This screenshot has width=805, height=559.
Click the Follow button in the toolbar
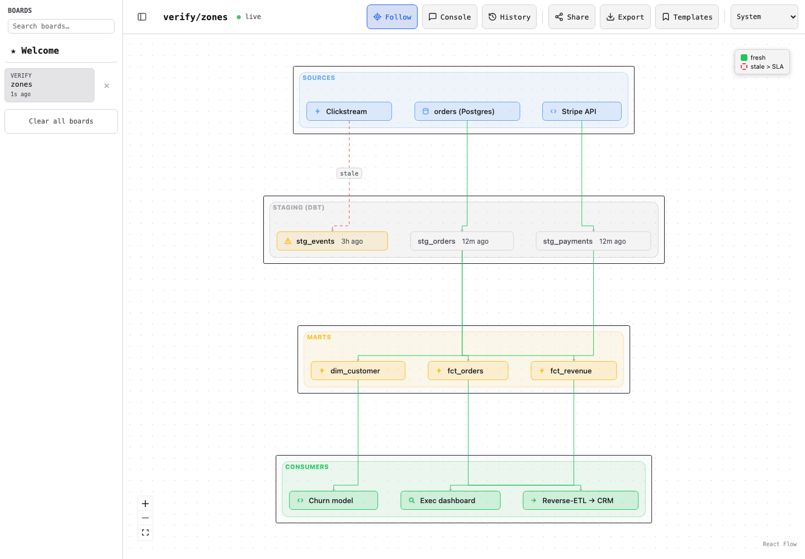[x=392, y=17]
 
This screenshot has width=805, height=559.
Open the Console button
[x=449, y=17]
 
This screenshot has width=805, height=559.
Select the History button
[x=509, y=17]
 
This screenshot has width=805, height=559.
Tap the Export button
[x=625, y=17]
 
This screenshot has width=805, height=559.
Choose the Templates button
[x=686, y=17]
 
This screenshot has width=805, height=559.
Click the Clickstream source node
[x=349, y=111]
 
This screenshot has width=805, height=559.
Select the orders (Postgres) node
[x=467, y=111]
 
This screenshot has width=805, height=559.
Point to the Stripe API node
[x=581, y=111]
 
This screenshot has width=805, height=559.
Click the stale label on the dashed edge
[x=349, y=173]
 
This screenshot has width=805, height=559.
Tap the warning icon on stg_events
[x=288, y=241]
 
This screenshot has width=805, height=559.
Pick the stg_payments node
[x=593, y=241]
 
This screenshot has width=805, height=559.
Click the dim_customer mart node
[x=358, y=371]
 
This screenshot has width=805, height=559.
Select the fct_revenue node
[x=574, y=371]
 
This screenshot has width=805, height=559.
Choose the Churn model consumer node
[x=334, y=500]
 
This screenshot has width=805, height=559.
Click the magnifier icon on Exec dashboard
[x=412, y=500]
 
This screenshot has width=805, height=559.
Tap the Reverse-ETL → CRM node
[x=580, y=500]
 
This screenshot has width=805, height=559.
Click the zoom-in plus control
[x=145, y=504]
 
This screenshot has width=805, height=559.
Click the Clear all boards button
[x=61, y=121]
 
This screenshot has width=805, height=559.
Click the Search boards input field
[x=61, y=26]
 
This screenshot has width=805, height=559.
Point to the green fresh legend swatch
[x=744, y=58]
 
